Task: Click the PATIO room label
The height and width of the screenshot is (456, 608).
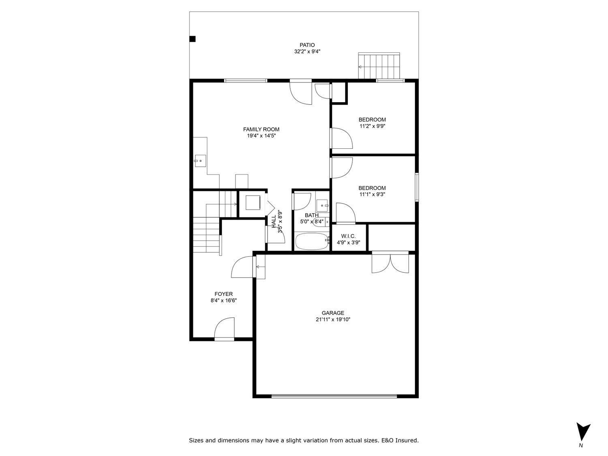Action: pyautogui.click(x=307, y=45)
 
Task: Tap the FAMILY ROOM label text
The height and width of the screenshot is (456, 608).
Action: pyautogui.click(x=261, y=129)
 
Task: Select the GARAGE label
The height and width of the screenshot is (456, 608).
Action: pyautogui.click(x=333, y=313)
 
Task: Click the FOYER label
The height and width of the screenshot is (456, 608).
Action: pyautogui.click(x=223, y=294)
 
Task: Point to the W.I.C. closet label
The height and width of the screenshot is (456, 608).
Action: pyautogui.click(x=348, y=236)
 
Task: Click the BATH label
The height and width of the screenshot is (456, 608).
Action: pyautogui.click(x=311, y=215)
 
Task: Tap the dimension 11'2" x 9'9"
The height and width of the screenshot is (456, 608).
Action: pyautogui.click(x=372, y=126)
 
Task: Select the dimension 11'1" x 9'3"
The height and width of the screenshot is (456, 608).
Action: pyautogui.click(x=372, y=194)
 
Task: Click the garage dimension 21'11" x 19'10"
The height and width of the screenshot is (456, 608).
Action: pyautogui.click(x=333, y=319)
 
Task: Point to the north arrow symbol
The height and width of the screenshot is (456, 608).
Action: pyautogui.click(x=583, y=432)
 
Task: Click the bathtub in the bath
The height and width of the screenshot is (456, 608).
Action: pyautogui.click(x=312, y=242)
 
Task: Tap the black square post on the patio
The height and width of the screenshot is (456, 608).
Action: pyautogui.click(x=193, y=39)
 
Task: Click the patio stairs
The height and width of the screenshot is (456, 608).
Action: pyautogui.click(x=379, y=66)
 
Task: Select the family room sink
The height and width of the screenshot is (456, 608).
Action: pyautogui.click(x=200, y=161)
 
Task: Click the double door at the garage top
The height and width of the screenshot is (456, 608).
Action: pyautogui.click(x=390, y=263)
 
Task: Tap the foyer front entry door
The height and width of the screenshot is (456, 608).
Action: pyautogui.click(x=224, y=329)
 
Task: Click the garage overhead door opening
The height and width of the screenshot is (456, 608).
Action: pyautogui.click(x=334, y=396)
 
